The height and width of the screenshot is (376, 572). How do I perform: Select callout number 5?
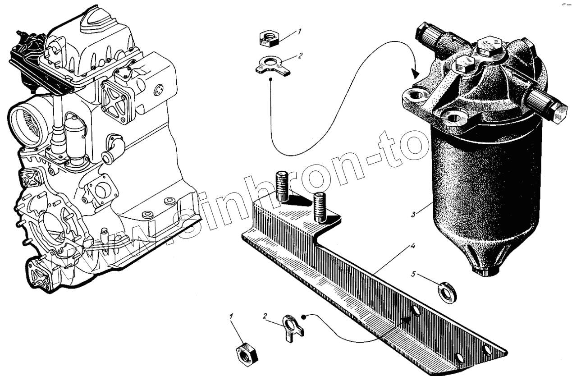pos(413,274)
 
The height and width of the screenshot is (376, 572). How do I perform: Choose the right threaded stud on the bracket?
pos(319,206)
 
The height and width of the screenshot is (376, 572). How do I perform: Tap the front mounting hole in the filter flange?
pos(453,118)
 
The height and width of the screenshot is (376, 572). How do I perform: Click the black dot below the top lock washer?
pos(270,79)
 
